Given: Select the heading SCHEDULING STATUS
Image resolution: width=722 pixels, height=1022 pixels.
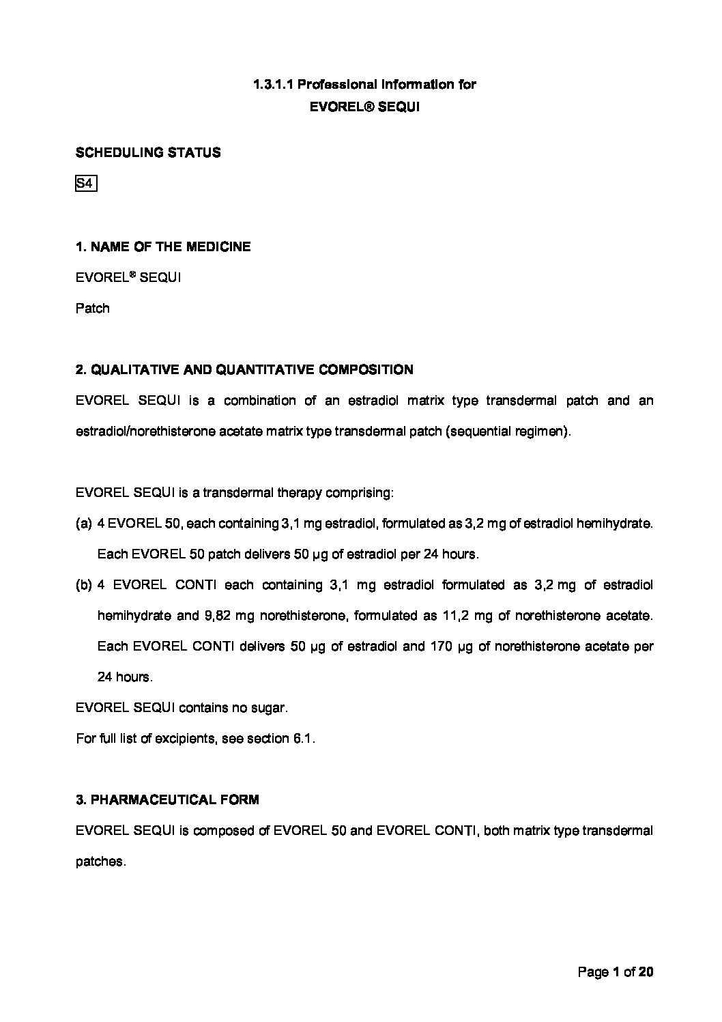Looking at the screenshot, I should (148, 153).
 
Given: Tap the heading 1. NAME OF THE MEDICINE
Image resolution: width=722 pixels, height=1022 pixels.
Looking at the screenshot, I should (163, 246).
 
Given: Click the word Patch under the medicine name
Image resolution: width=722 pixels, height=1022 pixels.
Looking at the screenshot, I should (92, 308).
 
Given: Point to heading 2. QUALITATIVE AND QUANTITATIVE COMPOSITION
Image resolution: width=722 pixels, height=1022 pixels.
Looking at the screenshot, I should (244, 370).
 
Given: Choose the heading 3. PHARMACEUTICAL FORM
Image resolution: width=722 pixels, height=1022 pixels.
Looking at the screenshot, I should (167, 799).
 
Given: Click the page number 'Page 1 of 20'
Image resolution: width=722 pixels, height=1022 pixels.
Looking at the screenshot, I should (616, 971).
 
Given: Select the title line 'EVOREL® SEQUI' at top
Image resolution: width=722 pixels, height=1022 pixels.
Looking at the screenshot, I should (364, 107).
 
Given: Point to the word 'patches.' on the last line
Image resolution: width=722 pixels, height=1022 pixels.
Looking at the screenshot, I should (100, 862).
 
